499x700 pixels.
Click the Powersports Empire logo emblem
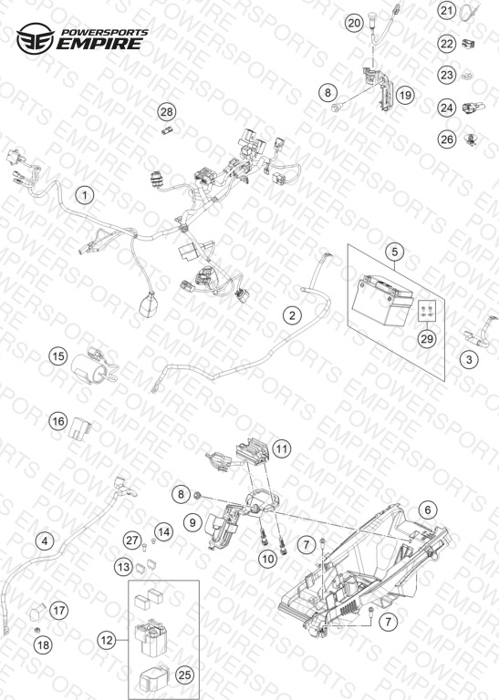click(36, 38)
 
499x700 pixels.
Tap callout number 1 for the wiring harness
click(85, 196)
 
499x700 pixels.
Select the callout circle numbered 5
click(394, 252)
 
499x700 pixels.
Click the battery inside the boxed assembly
click(382, 300)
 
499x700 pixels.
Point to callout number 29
click(427, 338)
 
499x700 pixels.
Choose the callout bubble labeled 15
click(58, 356)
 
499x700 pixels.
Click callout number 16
click(58, 421)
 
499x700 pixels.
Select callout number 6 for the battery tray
click(428, 510)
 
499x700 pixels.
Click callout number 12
click(107, 641)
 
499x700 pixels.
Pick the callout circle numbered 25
click(184, 675)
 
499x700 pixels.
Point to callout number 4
click(44, 541)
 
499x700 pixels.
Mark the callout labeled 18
click(44, 645)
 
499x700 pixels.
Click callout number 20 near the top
click(354, 23)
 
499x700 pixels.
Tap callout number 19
click(405, 95)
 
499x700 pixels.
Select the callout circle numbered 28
click(167, 111)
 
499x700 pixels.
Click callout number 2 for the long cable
click(292, 315)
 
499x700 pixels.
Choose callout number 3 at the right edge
click(469, 359)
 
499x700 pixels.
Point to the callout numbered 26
click(447, 139)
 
